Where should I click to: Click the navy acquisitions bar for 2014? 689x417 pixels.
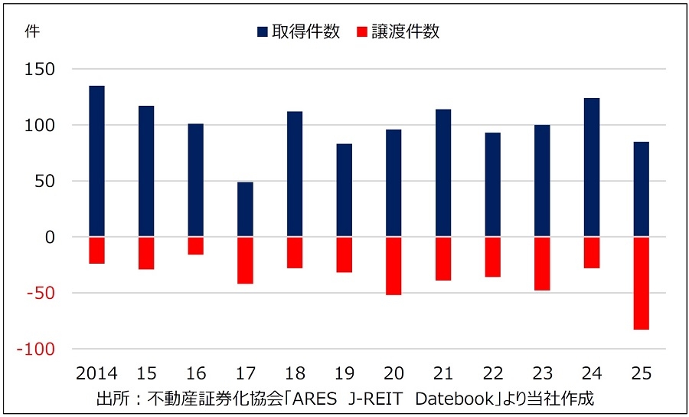pyautogui.click(x=96, y=161)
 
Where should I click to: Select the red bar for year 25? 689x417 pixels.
pyautogui.click(x=641, y=283)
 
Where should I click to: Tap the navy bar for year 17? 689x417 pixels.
pyautogui.click(x=245, y=209)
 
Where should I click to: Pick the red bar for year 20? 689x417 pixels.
pyautogui.click(x=393, y=265)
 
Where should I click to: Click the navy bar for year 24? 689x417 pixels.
pyautogui.click(x=592, y=167)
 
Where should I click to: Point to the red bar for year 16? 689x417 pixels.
pyautogui.click(x=196, y=245)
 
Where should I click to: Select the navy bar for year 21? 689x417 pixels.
pyautogui.click(x=442, y=172)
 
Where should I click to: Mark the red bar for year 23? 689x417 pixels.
pyautogui.click(x=542, y=263)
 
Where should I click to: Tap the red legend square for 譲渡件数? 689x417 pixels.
pyautogui.click(x=362, y=32)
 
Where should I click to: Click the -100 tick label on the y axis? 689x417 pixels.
pyautogui.click(x=38, y=350)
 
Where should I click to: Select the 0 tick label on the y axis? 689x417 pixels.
pyautogui.click(x=50, y=238)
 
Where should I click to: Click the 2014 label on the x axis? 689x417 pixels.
pyautogui.click(x=96, y=373)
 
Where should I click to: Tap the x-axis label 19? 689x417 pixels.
pyautogui.click(x=344, y=373)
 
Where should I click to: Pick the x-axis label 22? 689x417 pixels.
pyautogui.click(x=492, y=373)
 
